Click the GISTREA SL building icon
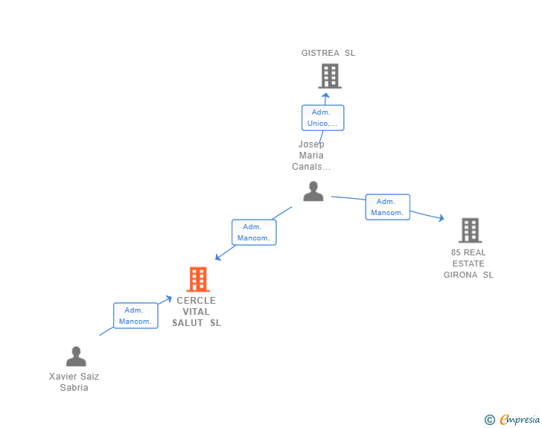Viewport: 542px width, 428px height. (x=330, y=76)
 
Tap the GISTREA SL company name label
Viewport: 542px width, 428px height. (x=328, y=53)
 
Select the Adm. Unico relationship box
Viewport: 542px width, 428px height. (x=323, y=118)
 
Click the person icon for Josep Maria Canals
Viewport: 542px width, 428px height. (x=313, y=191)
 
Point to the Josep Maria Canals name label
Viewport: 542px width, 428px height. (x=311, y=156)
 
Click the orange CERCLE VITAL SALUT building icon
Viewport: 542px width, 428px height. (x=198, y=279)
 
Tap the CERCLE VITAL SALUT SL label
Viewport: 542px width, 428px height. (x=197, y=311)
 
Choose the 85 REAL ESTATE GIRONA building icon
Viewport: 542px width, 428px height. (x=470, y=230)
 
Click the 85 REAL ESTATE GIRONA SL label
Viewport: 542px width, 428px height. (x=468, y=263)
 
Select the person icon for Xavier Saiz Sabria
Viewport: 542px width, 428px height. (x=76, y=357)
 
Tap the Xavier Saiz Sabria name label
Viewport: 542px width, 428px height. (x=74, y=382)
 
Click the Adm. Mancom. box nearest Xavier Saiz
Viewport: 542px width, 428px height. (x=135, y=316)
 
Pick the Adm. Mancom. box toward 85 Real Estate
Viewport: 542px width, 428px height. (x=388, y=207)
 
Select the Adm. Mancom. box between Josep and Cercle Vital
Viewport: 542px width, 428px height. (x=254, y=232)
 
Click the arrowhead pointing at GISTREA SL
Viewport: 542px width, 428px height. (x=325, y=96)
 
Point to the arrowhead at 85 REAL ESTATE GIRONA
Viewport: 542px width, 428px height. (x=441, y=218)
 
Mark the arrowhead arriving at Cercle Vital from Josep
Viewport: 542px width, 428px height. (x=218, y=258)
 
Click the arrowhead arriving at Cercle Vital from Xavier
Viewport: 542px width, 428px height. (x=169, y=298)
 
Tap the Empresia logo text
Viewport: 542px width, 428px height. (x=520, y=420)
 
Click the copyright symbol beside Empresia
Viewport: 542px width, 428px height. (x=490, y=420)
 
